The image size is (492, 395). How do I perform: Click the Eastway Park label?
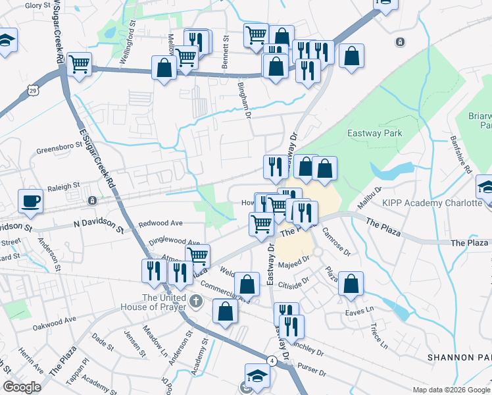point(374,134)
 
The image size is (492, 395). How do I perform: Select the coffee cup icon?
point(31,200)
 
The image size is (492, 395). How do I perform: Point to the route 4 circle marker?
point(271,361)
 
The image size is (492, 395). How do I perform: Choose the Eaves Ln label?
point(360,308)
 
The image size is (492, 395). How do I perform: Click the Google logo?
point(22,387)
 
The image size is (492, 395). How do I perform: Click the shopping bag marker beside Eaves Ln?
point(352,283)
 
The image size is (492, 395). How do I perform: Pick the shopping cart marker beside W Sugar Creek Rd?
point(79,64)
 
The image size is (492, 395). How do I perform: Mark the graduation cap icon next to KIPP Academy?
point(485,188)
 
